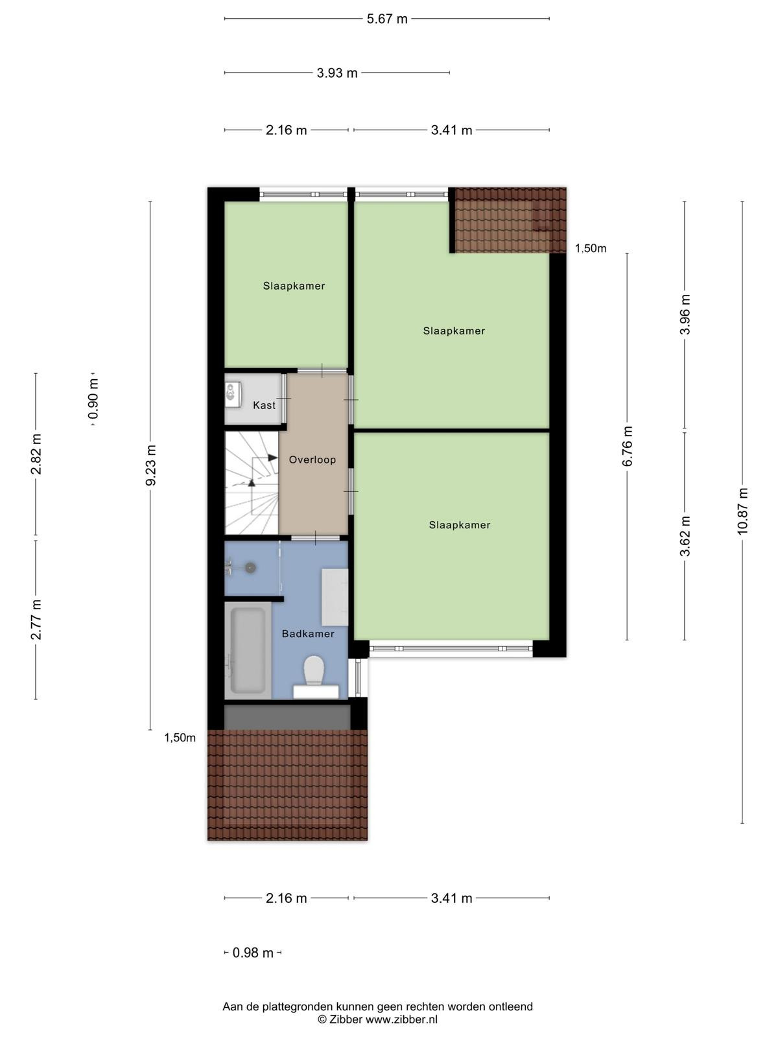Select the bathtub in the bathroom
[x=248, y=650]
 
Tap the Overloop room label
[x=312, y=460]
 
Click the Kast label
[x=264, y=405]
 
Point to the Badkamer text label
[x=308, y=634]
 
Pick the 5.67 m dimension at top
[x=387, y=19]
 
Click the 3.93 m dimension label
[x=336, y=73]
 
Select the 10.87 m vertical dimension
[x=742, y=511]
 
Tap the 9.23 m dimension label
[x=150, y=465]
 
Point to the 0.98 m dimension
[x=253, y=953]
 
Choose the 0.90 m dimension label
[x=93, y=399]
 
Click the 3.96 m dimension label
[x=685, y=314]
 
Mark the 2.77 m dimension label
[x=36, y=620]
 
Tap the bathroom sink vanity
[x=335, y=597]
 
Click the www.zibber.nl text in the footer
[x=401, y=1020]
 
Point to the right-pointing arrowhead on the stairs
[x=272, y=458]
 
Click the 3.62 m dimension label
[x=685, y=536]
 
